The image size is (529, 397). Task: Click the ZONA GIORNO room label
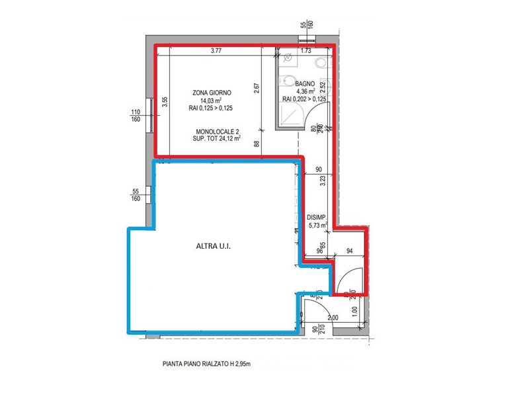pos(212,93)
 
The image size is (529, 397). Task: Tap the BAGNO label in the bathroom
pos(305,83)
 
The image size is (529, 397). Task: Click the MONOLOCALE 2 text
pos(218,132)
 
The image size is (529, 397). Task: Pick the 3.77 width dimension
pos(216,51)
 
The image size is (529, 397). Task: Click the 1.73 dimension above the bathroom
pos(305,51)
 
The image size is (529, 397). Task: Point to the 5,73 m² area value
pos(317,226)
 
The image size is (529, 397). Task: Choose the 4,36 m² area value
pos(305,91)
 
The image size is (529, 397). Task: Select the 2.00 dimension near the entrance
pos(333,318)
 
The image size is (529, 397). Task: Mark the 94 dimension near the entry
pos(350,250)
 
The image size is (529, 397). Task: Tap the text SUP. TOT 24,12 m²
pos(218,140)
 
